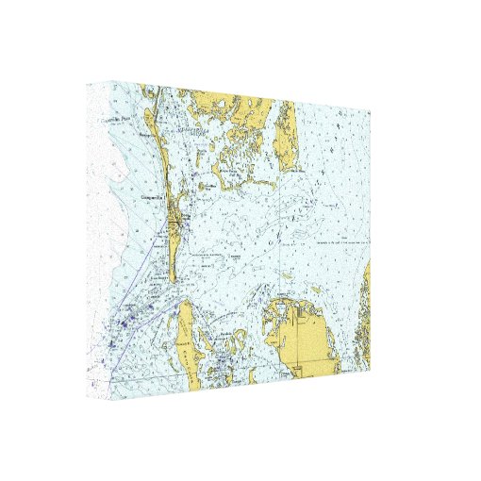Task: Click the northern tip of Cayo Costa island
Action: tap(185, 304)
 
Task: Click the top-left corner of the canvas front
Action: tap(141, 84)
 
